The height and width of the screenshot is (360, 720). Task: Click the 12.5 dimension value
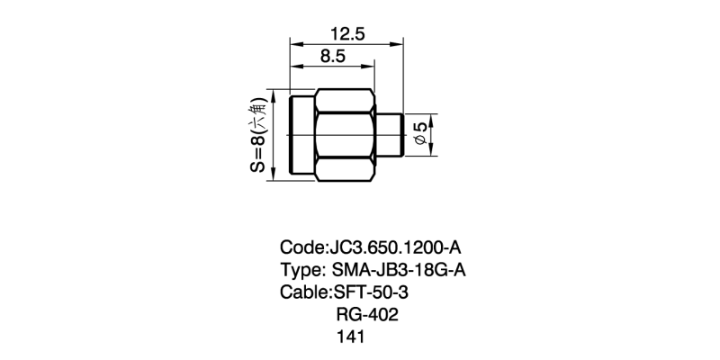[346, 34]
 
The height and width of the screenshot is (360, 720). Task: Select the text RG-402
[366, 315]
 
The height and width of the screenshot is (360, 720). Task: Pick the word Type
[300, 270]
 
